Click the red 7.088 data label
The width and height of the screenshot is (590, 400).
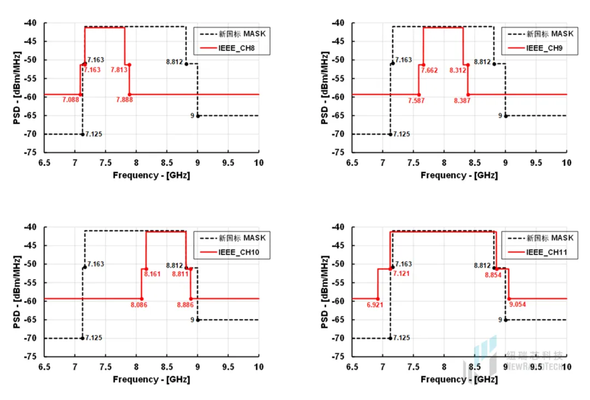point(71,100)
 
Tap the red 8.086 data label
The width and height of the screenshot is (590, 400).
point(139,304)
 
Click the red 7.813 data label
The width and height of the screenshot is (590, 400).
point(120,70)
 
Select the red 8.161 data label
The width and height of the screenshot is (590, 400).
point(152,274)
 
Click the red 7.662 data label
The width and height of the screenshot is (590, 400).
point(429,71)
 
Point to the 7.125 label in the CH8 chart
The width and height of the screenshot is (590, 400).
point(93,134)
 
